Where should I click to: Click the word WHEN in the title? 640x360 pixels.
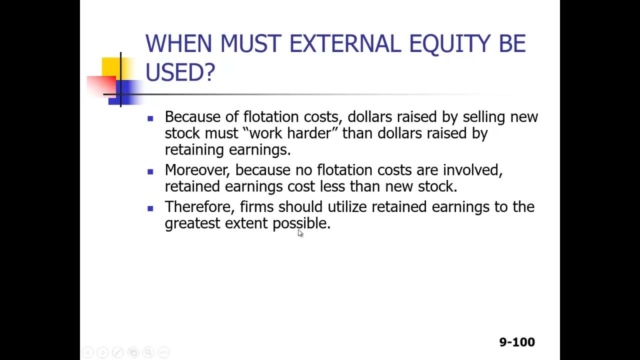coord(178,44)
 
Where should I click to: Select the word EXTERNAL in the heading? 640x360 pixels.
coord(345,44)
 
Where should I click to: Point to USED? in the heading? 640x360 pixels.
coord(180,72)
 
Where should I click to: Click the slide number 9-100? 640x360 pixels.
coord(516,342)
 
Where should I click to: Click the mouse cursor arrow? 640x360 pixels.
coord(300,233)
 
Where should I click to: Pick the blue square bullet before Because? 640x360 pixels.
coord(150,118)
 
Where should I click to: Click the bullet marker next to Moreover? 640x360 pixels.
coord(150,171)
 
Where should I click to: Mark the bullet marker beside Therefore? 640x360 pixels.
coord(150,208)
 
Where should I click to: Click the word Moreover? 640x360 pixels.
coord(197,170)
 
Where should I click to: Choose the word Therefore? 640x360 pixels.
coord(199,207)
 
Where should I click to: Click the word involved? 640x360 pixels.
coord(472,170)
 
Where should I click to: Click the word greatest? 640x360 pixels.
coord(192,223)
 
